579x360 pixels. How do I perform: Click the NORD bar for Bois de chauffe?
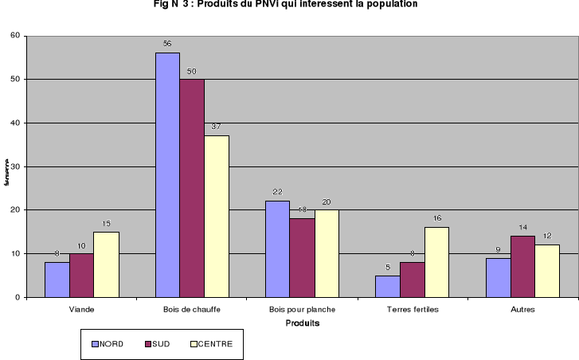167,174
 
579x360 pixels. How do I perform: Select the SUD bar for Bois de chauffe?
192,188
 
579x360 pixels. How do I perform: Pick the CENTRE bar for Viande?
106,264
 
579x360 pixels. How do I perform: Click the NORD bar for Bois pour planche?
277,248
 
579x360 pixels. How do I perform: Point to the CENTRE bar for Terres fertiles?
436,262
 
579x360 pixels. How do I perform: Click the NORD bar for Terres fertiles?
387,286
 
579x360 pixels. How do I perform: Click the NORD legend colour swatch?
95,344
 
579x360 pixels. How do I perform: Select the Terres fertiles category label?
412,308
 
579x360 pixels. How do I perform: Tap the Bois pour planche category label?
302,308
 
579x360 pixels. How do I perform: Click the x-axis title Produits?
302,323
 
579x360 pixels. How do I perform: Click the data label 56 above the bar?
167,44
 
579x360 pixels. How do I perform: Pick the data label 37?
217,127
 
